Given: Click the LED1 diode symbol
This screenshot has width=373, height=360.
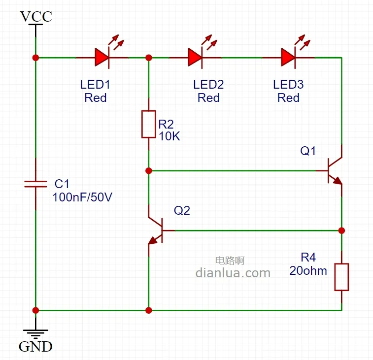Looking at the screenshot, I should click(102, 58).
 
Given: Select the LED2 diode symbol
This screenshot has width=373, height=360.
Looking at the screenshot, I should click(196, 58).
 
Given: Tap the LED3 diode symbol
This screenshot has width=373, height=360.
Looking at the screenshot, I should click(288, 58).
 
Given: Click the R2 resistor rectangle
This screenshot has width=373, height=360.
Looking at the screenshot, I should click(149, 124).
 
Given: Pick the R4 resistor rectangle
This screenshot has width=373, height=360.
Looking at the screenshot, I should click(341, 277).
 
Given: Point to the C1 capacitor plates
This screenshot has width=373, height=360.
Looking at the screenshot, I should click(35, 184).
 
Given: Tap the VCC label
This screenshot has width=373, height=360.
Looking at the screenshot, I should click(35, 17).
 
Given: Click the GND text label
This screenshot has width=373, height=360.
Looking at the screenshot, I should click(35, 347).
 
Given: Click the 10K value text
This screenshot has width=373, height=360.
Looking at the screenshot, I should click(169, 136).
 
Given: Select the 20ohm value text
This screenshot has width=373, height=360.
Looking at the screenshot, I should click(308, 270).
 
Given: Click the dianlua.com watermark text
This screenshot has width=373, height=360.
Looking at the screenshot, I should click(233, 273).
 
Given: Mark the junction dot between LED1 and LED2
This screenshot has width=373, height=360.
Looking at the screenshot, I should click(149, 58).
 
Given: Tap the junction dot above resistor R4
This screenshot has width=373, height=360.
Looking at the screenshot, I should click(341, 230).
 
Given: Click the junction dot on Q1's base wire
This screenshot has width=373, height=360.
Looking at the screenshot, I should click(149, 171).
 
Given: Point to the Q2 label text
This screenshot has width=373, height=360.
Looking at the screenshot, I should click(182, 210).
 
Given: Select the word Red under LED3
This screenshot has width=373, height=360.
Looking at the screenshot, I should click(288, 98).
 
